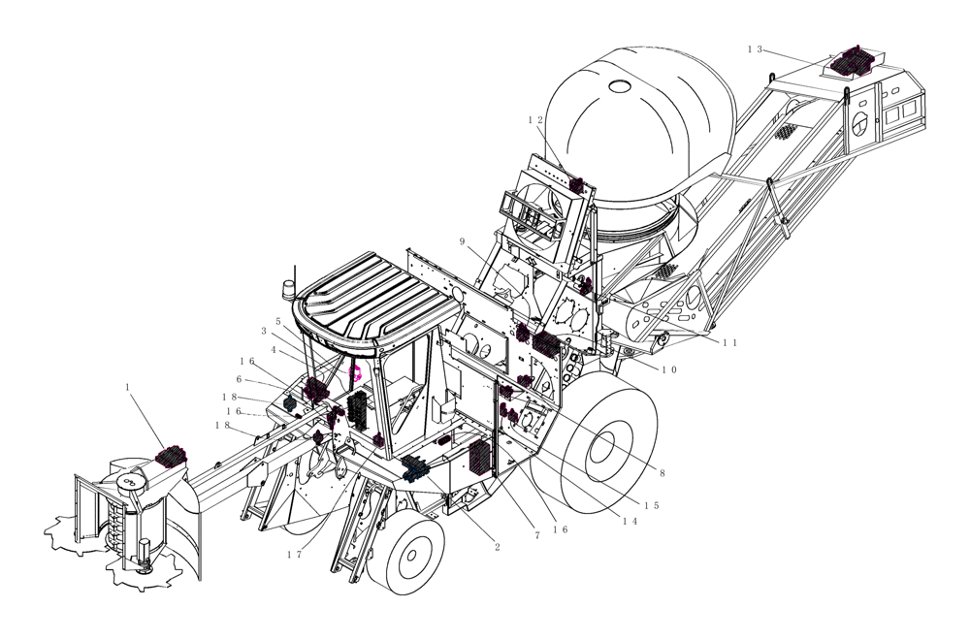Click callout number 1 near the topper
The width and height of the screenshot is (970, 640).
pyautogui.click(x=127, y=386)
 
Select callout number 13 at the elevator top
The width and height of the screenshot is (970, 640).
pyautogui.click(x=756, y=48)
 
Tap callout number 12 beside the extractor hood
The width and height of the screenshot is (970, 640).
pyautogui.click(x=535, y=120)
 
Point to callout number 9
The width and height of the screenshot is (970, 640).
pyautogui.click(x=463, y=240)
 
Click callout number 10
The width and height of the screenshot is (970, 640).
pyautogui.click(x=669, y=369)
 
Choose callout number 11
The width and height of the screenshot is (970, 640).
pyautogui.click(x=729, y=341)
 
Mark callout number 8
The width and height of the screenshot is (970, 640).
pyautogui.click(x=662, y=474)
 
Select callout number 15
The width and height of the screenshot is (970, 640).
pyautogui.click(x=651, y=505)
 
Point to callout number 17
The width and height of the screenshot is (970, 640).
pyautogui.click(x=294, y=555)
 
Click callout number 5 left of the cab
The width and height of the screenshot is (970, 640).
pyautogui.click(x=277, y=320)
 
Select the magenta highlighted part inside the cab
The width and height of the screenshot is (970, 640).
pyautogui.click(x=355, y=373)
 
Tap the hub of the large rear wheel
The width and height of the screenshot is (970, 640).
pyautogui.click(x=603, y=446)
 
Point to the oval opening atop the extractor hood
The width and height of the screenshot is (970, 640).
pyautogui.click(x=619, y=85)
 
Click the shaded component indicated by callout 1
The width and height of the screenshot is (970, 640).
pyautogui.click(x=171, y=455)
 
